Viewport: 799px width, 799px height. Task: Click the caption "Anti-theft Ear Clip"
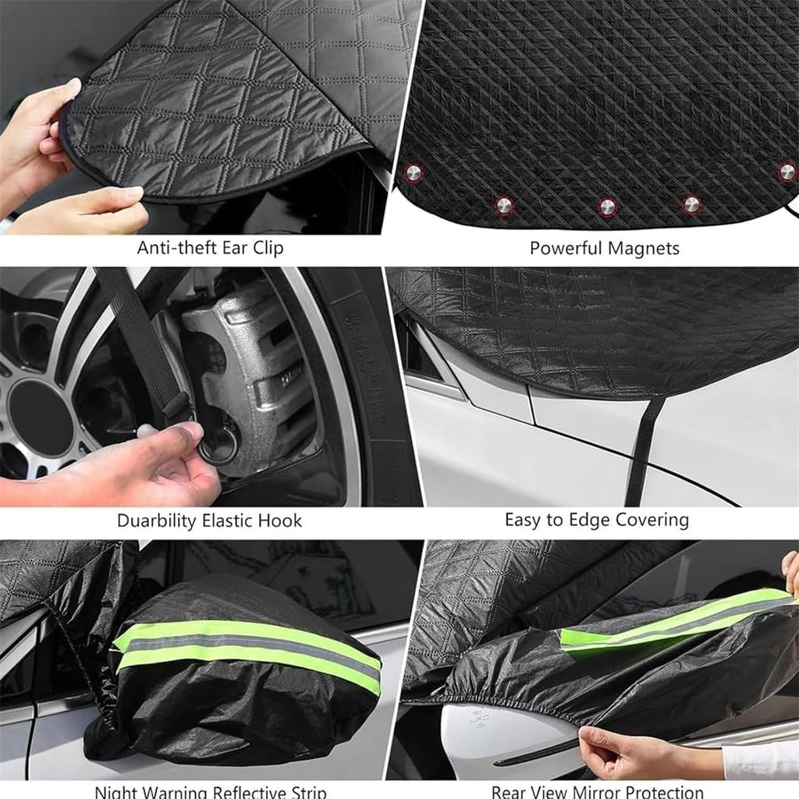pyautogui.click(x=210, y=248)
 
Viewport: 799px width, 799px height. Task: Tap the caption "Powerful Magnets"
pyautogui.click(x=604, y=248)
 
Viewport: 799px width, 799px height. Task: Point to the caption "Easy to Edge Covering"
pyautogui.click(x=596, y=520)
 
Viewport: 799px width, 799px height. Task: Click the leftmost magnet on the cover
pyautogui.click(x=414, y=172)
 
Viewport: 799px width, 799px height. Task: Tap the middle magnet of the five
pyautogui.click(x=606, y=207)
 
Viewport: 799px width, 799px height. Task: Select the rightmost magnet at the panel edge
pyautogui.click(x=787, y=171)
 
